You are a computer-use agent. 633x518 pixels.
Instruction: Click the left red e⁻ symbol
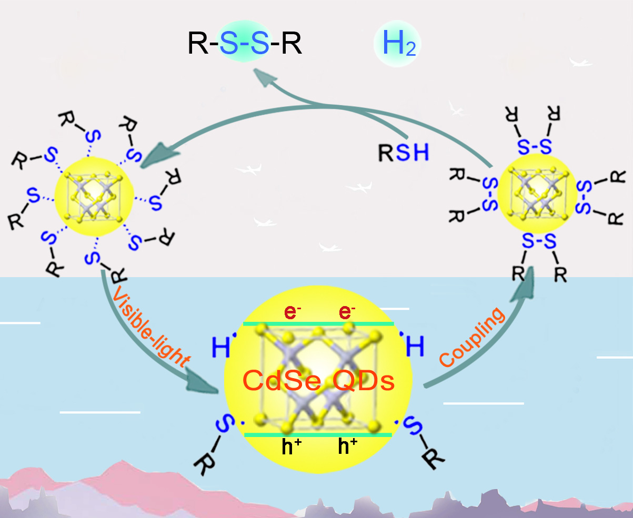point(291,311)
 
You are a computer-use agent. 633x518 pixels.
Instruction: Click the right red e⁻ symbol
point(345,311)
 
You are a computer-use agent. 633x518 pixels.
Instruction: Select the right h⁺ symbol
point(347,448)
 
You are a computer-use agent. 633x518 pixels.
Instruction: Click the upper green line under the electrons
point(318,324)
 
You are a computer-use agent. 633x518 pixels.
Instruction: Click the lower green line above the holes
point(318,435)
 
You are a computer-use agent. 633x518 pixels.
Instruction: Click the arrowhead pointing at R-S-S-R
point(263,76)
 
